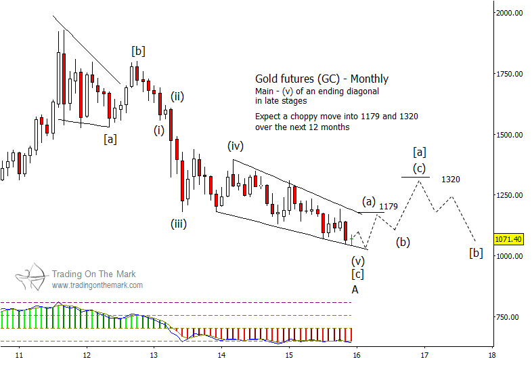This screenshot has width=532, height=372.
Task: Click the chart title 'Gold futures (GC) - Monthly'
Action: tap(322, 79)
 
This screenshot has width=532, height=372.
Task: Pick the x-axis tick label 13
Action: tap(154, 354)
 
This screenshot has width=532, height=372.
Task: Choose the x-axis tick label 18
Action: tap(491, 354)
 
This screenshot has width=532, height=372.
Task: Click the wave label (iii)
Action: tap(179, 223)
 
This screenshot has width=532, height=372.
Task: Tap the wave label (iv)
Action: tap(235, 145)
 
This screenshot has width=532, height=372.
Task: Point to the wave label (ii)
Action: tap(178, 96)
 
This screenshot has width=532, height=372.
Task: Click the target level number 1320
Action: tap(451, 180)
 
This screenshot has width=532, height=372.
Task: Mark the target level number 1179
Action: tap(389, 206)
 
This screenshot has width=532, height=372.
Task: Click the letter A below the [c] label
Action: tap(355, 289)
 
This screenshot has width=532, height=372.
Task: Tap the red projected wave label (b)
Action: tap(403, 241)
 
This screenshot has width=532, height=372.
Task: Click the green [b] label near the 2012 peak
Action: tap(138, 51)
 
